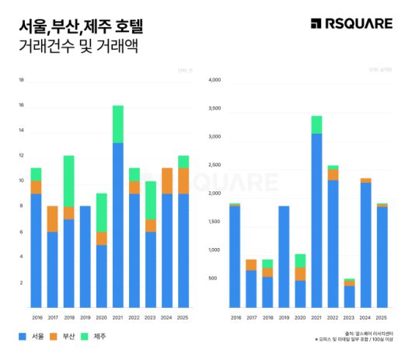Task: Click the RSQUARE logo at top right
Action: [x=351, y=24]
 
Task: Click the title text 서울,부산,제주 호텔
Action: [x=81, y=26]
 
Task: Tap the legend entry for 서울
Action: [x=30, y=336]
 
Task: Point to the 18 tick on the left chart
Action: [x=21, y=80]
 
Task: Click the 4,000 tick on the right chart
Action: [x=215, y=79]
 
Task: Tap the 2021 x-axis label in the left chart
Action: [x=117, y=316]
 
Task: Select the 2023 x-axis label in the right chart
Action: [x=350, y=316]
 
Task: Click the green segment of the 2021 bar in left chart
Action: [x=117, y=124]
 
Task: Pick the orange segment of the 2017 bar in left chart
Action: [x=52, y=218]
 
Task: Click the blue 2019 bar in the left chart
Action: [x=85, y=257]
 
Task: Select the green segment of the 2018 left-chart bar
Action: [x=68, y=180]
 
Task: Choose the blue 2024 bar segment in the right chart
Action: [x=365, y=245]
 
